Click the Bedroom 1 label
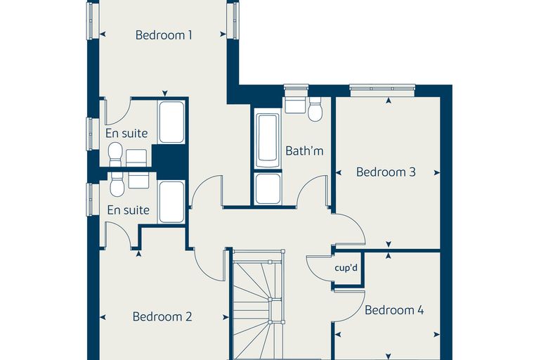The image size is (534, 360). point(164,34)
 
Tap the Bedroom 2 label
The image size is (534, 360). point(162,316)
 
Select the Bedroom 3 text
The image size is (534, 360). point(386,172)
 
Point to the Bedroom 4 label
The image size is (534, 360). point(394,310)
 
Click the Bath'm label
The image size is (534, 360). point(304,150)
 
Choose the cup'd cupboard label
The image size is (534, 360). point(346,268)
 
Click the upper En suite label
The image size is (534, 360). point(126,134)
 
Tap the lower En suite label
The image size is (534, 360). point(128,210)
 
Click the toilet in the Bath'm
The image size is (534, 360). point(315,109)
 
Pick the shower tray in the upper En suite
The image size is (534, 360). point(171,122)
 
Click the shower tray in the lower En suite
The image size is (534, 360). point(171,202)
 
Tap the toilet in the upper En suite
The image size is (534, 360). point(115,154)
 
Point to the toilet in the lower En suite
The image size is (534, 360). point(117,184)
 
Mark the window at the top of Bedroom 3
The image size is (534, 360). point(382,90)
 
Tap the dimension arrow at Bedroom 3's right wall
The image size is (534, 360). point(436,173)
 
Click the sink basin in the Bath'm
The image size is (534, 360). point(294,104)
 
